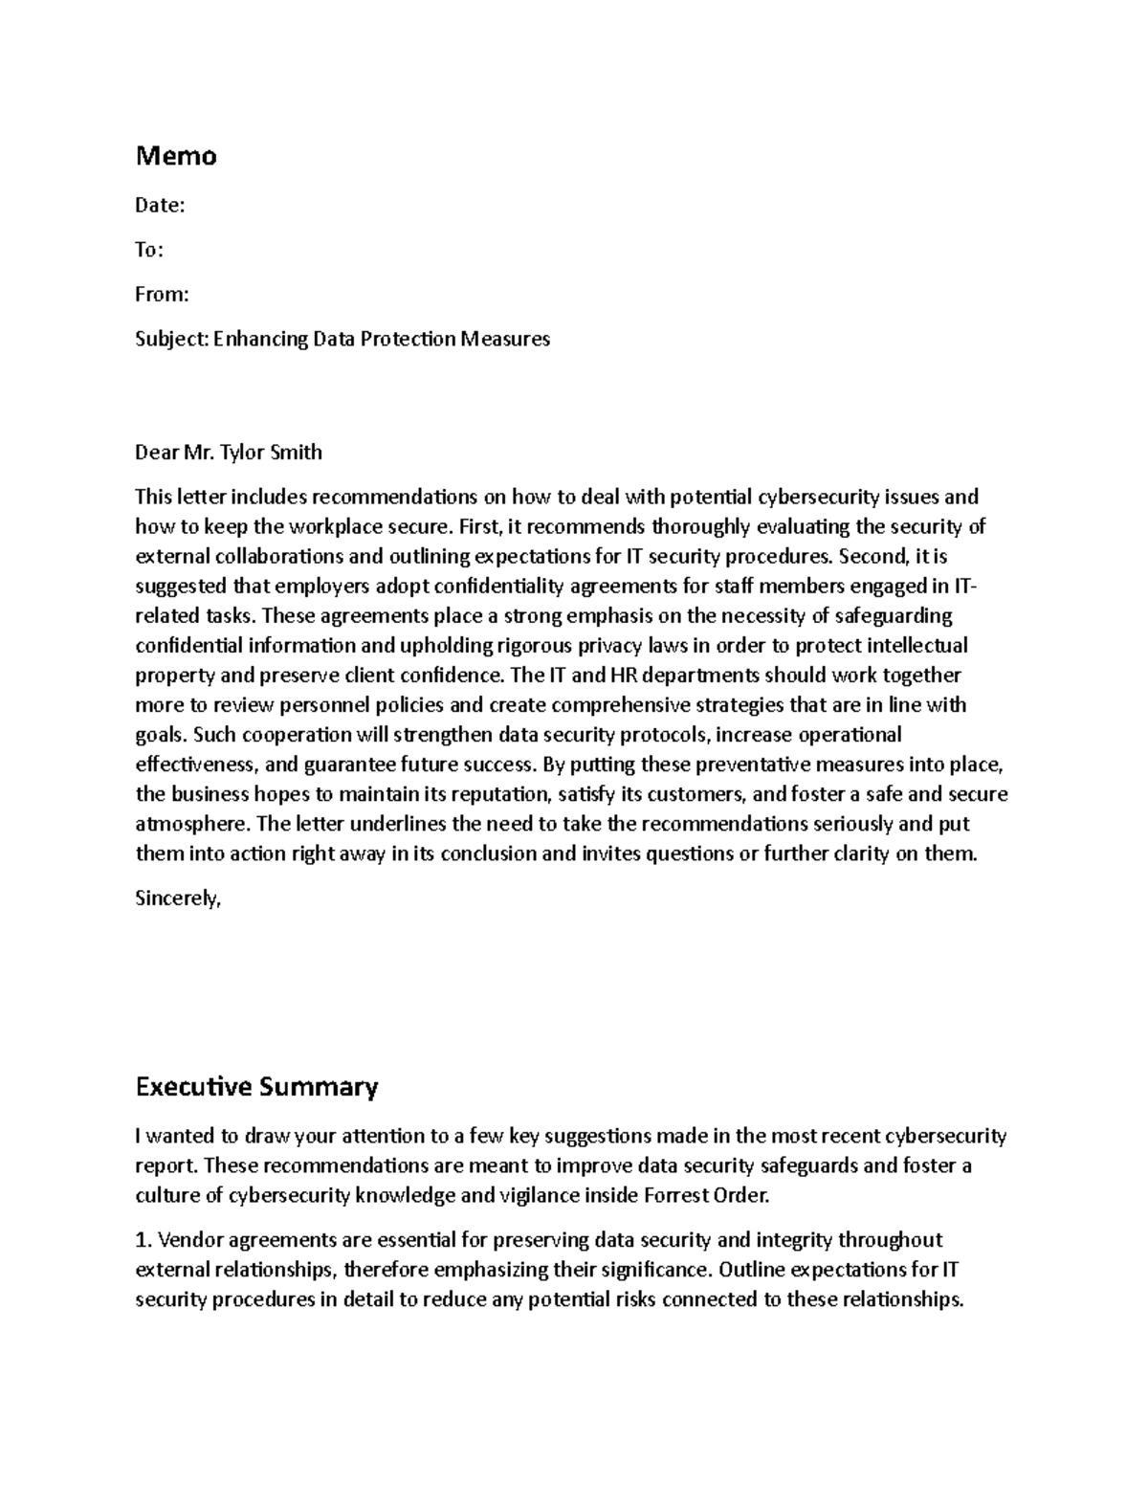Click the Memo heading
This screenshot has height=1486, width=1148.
pos(176,156)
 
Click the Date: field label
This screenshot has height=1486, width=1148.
pos(160,206)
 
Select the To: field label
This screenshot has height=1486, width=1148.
pos(149,250)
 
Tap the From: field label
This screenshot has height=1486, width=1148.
pos(162,295)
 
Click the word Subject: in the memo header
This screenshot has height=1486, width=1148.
pos(171,339)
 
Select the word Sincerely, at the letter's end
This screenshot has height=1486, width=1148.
pos(178,898)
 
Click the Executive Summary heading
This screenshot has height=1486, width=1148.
pos(256,1087)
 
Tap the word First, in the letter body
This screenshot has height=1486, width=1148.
pos(480,526)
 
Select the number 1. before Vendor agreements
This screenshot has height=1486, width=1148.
pos(143,1240)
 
